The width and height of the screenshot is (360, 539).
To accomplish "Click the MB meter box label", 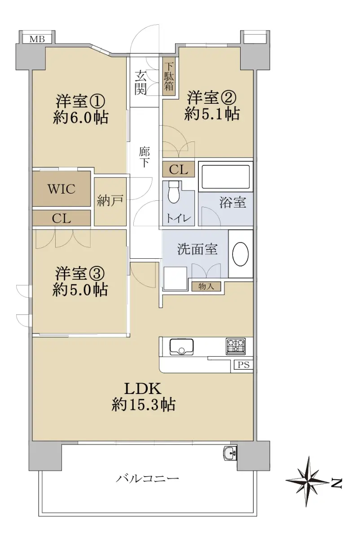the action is (x=37, y=39).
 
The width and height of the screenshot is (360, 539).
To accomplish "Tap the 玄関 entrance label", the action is (x=140, y=83).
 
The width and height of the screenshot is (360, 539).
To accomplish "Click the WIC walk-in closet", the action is (x=61, y=188).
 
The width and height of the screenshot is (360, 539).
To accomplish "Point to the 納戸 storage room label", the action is (x=110, y=201).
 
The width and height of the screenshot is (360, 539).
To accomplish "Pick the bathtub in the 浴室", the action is (x=226, y=177).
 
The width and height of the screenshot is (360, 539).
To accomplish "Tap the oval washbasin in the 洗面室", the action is (x=241, y=254).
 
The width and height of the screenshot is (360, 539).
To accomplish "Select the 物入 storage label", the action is (x=206, y=287).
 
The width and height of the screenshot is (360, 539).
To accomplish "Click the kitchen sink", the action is (x=181, y=347).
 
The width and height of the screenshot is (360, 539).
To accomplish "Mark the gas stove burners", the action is (x=236, y=346).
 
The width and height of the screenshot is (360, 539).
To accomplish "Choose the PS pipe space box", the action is (x=244, y=365).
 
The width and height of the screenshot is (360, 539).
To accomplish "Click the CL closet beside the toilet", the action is (x=178, y=169).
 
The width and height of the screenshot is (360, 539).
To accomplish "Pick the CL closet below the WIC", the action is (x=61, y=218).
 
